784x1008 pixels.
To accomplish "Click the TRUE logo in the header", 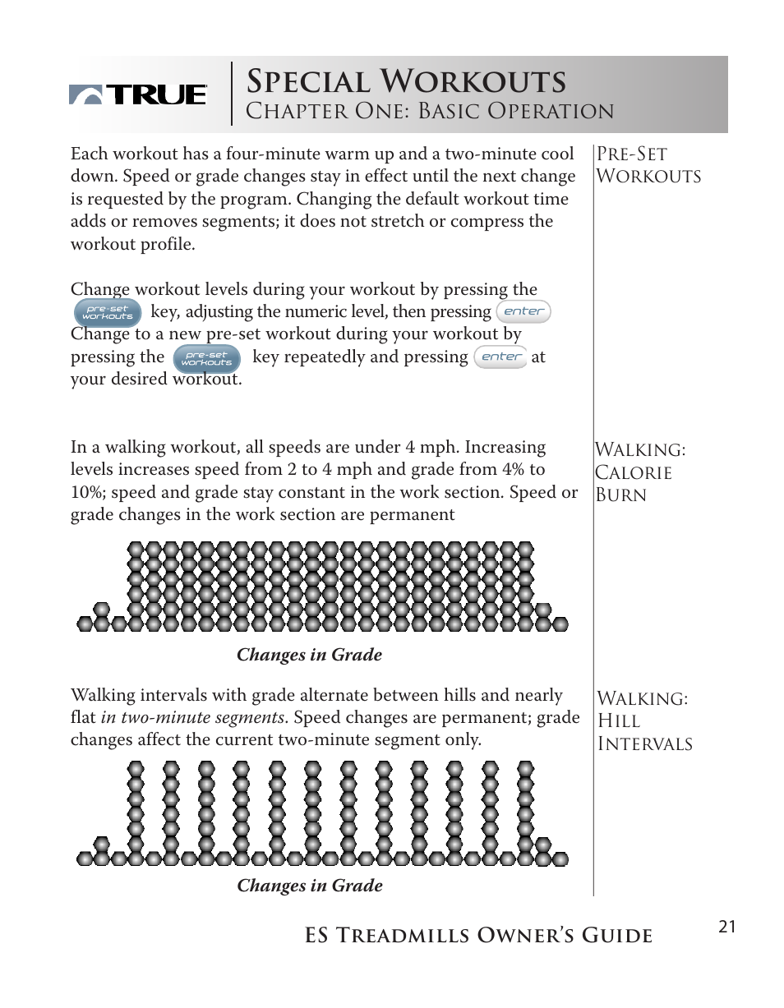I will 138,94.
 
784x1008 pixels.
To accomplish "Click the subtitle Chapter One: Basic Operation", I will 430,112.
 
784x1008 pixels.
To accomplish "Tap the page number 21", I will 726,927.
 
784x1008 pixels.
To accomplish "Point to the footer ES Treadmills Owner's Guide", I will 478,936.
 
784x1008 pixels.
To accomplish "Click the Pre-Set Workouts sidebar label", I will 648,165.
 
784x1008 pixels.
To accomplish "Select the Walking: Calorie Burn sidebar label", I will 641,472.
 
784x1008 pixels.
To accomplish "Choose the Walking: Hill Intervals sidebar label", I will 644,721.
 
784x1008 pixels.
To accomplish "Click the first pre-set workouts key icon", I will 108,313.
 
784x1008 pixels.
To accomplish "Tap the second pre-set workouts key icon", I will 207,358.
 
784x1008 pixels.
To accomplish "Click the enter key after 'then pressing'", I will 523,311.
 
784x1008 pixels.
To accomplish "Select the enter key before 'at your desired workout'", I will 501,357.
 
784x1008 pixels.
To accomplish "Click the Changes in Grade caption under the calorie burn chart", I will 309,655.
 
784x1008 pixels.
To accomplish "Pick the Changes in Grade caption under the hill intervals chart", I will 310,886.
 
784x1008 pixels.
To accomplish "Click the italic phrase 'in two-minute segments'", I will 193,718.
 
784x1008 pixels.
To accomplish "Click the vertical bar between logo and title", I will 232,94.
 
